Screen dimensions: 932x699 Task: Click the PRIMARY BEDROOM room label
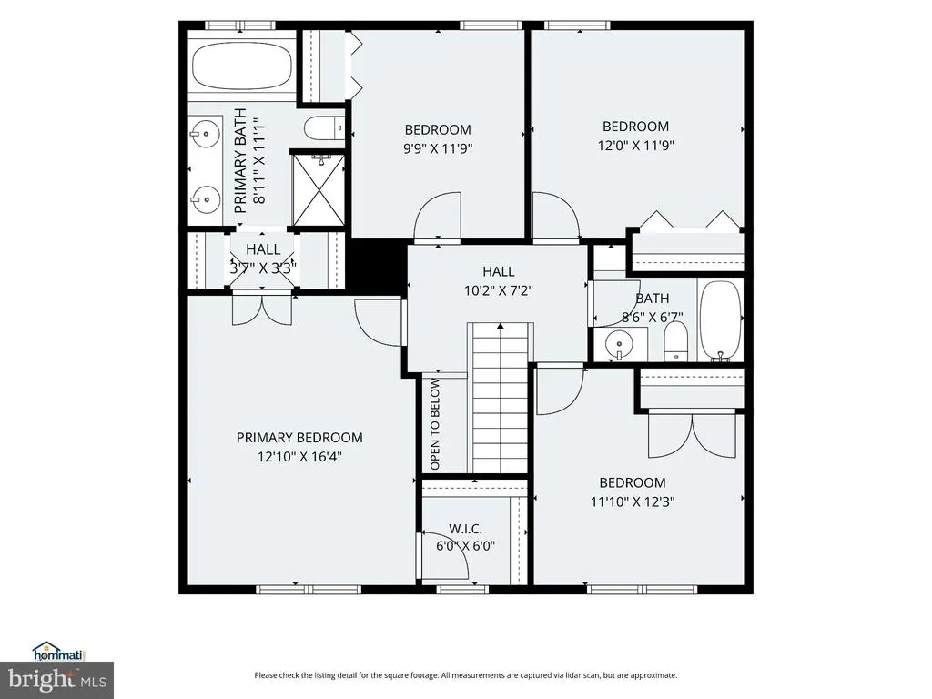pyautogui.click(x=299, y=438)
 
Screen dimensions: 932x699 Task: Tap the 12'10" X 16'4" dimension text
pyautogui.click(x=299, y=457)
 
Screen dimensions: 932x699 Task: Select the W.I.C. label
pyautogui.click(x=465, y=529)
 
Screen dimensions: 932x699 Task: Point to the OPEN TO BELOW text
pyautogui.click(x=435, y=424)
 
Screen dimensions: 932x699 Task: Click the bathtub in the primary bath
pyautogui.click(x=242, y=66)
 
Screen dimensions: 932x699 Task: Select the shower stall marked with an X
pyautogui.click(x=318, y=189)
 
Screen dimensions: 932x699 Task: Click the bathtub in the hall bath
pyautogui.click(x=721, y=320)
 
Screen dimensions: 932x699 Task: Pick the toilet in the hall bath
pyautogui.click(x=675, y=341)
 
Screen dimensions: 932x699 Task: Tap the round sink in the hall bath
pyautogui.click(x=619, y=344)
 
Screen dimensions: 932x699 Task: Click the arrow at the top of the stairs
pyautogui.click(x=501, y=326)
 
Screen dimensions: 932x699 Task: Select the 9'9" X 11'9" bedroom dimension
pyautogui.click(x=438, y=148)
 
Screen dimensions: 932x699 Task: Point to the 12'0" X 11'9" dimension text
pyautogui.click(x=635, y=145)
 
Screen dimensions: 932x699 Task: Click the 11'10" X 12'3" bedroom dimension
pyautogui.click(x=633, y=501)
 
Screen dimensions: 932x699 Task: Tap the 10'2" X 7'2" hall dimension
pyautogui.click(x=499, y=290)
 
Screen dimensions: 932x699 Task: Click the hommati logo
pyautogui.click(x=59, y=652)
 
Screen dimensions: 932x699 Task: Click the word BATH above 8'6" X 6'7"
pyautogui.click(x=653, y=299)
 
